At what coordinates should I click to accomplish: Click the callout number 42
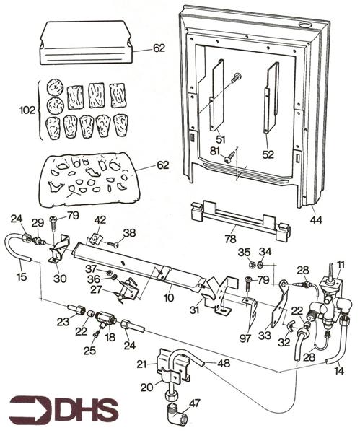(100, 220)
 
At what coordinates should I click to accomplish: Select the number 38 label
(129, 233)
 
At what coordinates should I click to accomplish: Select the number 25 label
(89, 351)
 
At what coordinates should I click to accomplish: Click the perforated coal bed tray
(87, 179)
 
